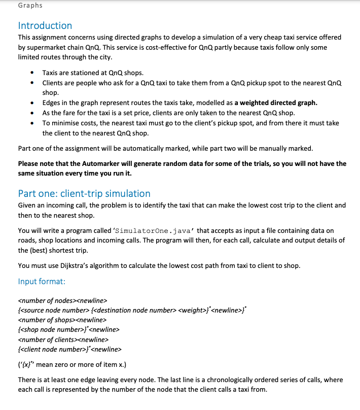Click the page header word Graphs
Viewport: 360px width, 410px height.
[30, 6]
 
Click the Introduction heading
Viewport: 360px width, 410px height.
[45, 25]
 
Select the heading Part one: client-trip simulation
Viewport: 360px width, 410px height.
[84, 193]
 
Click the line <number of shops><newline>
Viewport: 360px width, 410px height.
[62, 320]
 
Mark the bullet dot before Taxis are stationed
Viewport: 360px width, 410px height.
[33, 73]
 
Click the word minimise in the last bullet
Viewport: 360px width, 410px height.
[64, 123]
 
